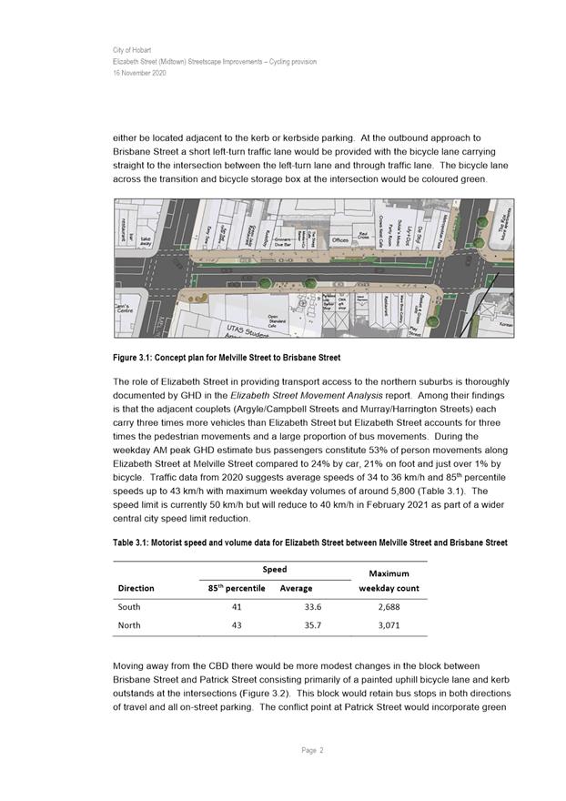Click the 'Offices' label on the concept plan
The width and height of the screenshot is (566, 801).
[x=340, y=240]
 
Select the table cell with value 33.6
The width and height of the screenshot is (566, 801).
[x=313, y=607]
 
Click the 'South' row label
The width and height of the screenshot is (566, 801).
[x=130, y=607]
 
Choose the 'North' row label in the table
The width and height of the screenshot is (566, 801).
[x=130, y=626]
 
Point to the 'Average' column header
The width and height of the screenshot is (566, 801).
[x=297, y=588]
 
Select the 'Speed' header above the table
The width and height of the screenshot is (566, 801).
[x=274, y=568]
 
